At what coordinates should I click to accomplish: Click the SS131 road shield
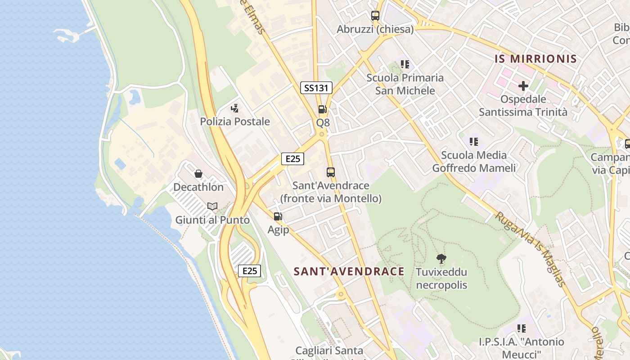pos(316,88)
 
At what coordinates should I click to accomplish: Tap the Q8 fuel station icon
pos(322,109)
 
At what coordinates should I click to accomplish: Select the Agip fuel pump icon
pos(278,216)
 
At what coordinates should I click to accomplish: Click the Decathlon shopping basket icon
pos(198,174)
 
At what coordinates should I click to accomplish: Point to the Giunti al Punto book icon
pos(212,207)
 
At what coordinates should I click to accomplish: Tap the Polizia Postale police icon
pos(234,108)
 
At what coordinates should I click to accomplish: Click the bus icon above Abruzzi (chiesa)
pos(375,16)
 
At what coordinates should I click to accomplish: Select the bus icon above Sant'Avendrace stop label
pos(331,172)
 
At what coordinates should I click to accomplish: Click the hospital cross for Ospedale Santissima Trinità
pos(523,85)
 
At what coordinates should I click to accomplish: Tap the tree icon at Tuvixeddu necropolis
pos(441,259)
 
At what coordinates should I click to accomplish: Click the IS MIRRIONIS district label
pos(535,59)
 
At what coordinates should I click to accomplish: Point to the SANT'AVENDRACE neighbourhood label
pos(349,271)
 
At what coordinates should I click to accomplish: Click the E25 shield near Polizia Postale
pos(292,158)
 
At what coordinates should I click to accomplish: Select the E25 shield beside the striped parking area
pos(249,271)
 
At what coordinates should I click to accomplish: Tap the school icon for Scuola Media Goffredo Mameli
pos(473,142)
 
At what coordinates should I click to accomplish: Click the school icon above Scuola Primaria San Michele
pos(405,64)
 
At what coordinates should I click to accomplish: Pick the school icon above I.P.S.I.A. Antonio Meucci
pos(521,328)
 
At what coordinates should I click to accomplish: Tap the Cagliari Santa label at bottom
pos(329,351)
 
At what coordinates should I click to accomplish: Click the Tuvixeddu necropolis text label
pos(441,279)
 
